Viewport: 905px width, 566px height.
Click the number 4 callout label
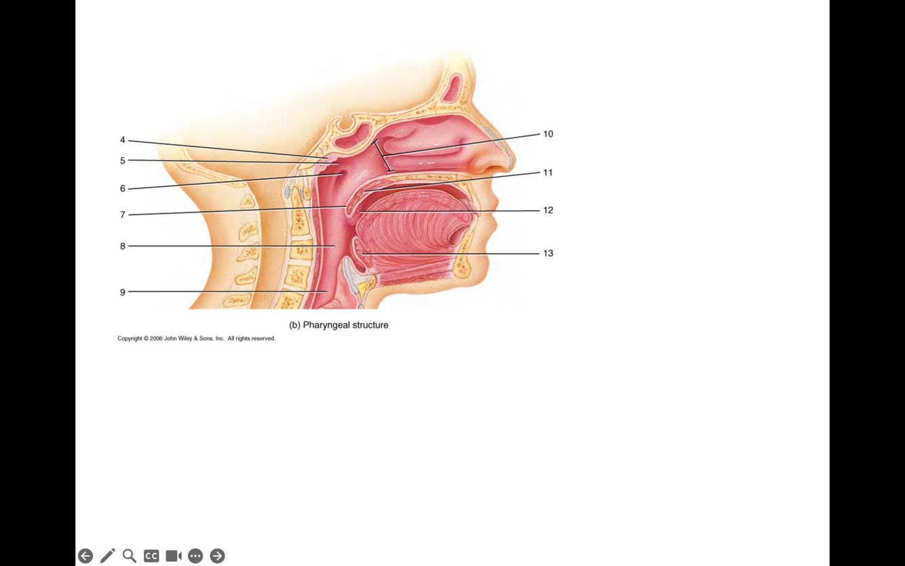123,140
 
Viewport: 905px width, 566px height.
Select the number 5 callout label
123,161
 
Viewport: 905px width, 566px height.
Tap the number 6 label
123,189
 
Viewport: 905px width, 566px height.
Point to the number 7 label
123,215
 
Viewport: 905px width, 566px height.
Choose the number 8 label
123,246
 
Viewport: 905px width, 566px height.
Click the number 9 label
123,293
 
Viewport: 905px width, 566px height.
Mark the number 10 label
548,134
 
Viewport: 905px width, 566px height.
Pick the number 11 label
548,173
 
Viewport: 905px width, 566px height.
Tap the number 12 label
548,210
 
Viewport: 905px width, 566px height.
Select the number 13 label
548,253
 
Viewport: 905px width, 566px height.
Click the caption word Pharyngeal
326,325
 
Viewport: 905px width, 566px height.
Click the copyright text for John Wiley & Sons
196,339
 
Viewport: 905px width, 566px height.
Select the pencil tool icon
107,556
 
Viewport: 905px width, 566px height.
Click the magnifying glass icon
129,556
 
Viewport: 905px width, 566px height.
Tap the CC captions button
151,556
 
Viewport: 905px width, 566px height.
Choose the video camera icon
174,556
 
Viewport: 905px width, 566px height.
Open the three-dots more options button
195,556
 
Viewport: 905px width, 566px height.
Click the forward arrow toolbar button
217,556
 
